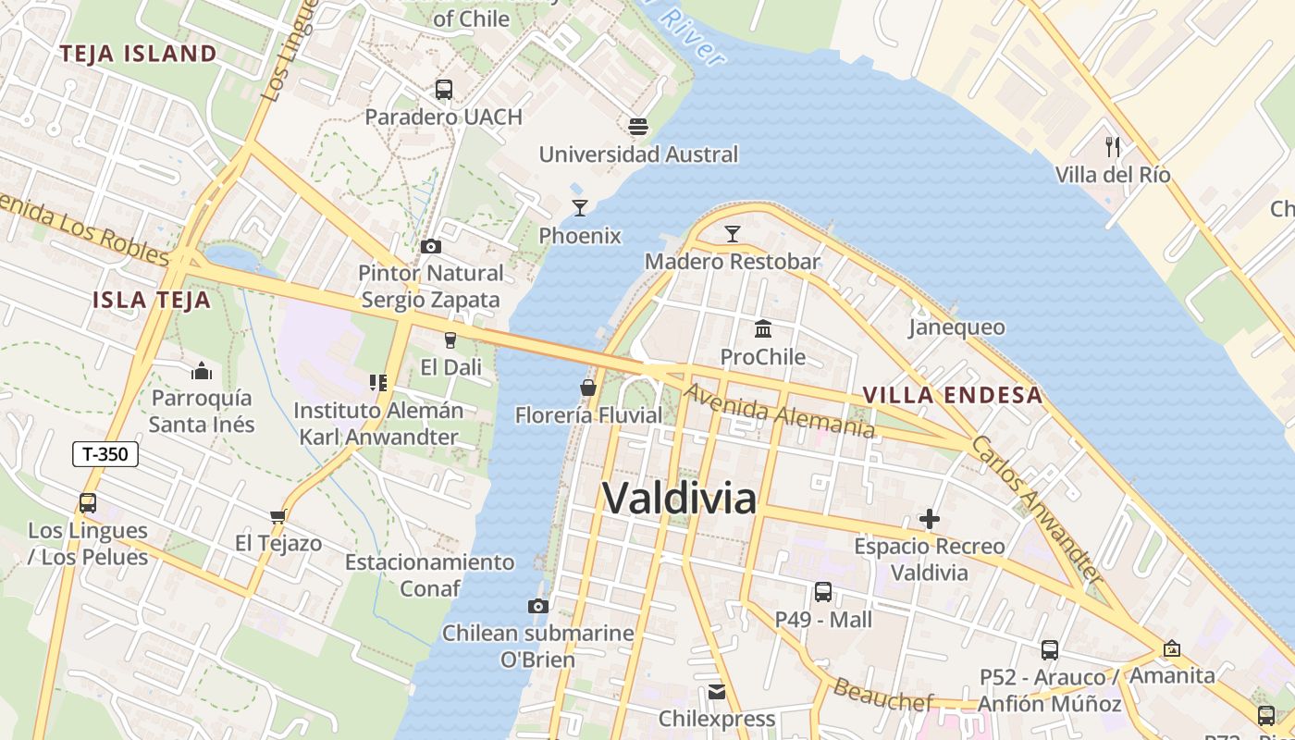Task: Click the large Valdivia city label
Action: click(x=680, y=499)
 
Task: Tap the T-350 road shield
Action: click(x=105, y=454)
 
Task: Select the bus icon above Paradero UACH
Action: click(x=444, y=90)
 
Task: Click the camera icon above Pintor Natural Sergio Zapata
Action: click(x=431, y=246)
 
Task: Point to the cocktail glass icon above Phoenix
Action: click(x=580, y=208)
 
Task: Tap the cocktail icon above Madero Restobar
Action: click(x=733, y=234)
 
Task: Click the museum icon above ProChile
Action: click(x=763, y=329)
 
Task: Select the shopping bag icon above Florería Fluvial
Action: click(x=588, y=388)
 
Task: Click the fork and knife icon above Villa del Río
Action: click(x=1113, y=147)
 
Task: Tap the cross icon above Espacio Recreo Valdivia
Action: click(x=930, y=519)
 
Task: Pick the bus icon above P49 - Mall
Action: click(x=823, y=592)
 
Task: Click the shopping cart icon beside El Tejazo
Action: click(x=277, y=516)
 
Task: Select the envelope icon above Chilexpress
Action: click(x=717, y=692)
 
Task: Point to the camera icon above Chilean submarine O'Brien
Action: click(x=538, y=607)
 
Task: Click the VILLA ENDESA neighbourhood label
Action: click(x=952, y=395)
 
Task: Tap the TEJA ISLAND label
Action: click(x=138, y=54)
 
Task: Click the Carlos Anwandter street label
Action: click(x=1036, y=509)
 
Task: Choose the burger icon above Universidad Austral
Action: click(x=638, y=126)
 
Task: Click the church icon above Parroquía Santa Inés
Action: click(x=202, y=372)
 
